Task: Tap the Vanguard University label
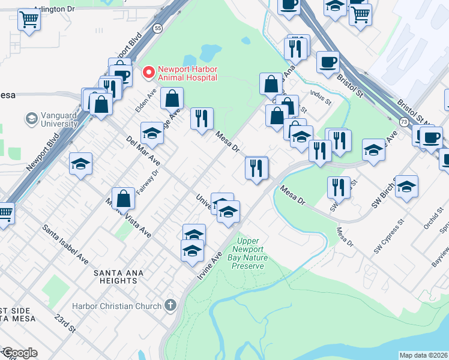click(x=59, y=119)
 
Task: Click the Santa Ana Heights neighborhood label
click(x=119, y=277)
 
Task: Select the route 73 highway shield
click(x=403, y=122)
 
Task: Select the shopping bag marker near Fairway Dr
click(x=123, y=199)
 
